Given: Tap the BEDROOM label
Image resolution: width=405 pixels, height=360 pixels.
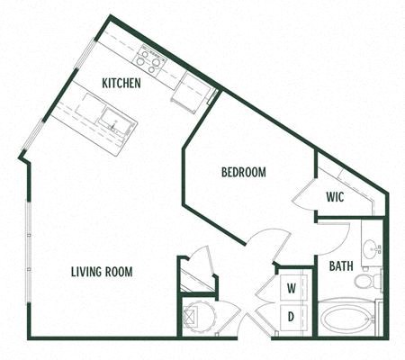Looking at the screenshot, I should tap(243, 172).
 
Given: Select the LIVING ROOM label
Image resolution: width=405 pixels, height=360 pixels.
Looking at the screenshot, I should tap(103, 270).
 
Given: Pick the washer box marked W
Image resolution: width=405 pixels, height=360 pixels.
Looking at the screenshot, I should tap(292, 288).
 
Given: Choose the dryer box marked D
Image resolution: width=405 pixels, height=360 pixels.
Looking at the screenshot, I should tap(292, 317).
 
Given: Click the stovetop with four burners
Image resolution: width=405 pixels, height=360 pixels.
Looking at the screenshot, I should tap(149, 60).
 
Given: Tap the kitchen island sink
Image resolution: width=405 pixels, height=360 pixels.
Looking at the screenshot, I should tap(115, 120).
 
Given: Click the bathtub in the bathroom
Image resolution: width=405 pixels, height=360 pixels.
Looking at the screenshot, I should tap(346, 319).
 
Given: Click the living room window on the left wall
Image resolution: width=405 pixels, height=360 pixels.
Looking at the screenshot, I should tap(28, 234).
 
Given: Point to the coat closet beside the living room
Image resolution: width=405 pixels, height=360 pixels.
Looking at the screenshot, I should tap(197, 274).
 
